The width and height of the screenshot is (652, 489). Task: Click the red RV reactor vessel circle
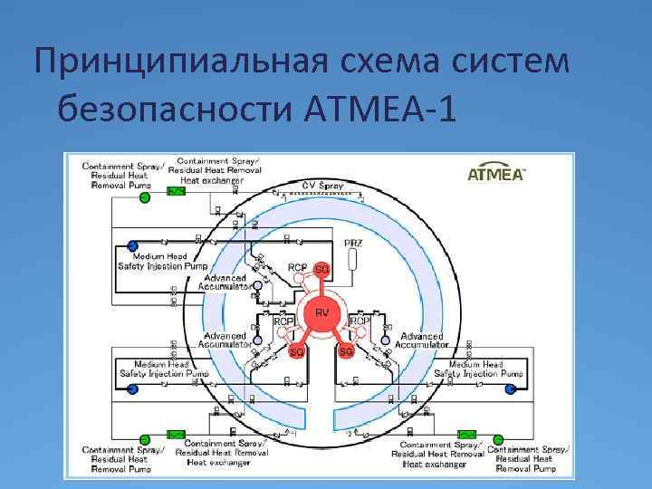tap(321, 313)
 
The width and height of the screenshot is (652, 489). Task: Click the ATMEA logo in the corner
tap(495, 174)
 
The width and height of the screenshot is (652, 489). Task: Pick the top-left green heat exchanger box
tap(177, 192)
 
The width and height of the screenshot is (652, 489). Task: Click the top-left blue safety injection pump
tap(132, 245)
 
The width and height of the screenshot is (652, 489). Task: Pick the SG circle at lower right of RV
tap(345, 351)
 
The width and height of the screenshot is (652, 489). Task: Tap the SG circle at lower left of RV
tap(296, 351)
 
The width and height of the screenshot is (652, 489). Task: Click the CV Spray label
tap(323, 185)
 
